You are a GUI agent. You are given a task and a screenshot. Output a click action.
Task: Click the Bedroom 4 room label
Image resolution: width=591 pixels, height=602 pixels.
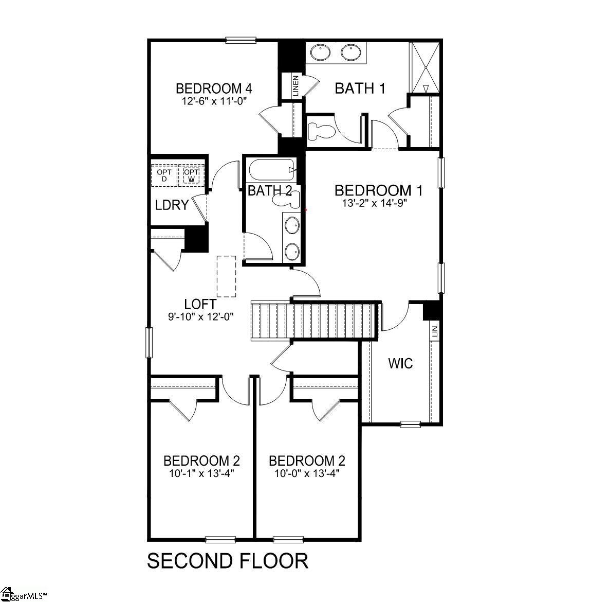coord(213,88)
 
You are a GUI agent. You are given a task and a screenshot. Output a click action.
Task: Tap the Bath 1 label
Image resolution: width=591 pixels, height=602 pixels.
coord(360,88)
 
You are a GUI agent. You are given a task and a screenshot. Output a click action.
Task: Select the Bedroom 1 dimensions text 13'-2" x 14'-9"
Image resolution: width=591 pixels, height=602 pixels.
coord(378,203)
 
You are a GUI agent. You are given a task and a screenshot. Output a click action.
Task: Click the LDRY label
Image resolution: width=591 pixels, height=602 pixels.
coord(172,205)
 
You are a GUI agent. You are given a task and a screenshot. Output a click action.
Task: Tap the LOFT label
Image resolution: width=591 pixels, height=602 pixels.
coord(200,304)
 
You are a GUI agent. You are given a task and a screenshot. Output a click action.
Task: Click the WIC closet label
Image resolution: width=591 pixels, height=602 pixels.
coord(400,364)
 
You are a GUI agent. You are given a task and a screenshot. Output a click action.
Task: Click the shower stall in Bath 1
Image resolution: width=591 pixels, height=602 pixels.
coord(425,67)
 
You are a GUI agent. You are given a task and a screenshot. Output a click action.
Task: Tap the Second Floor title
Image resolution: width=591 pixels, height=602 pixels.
coord(228,560)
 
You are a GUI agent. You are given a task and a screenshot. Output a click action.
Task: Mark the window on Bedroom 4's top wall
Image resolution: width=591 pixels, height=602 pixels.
coord(241,40)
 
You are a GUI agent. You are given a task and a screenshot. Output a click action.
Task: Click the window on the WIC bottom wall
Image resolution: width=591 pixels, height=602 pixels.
coord(410,424)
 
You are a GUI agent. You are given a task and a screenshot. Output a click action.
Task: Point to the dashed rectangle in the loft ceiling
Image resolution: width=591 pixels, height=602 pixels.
coord(226,276)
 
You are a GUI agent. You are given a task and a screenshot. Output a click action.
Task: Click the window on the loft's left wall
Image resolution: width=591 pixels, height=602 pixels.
coord(149,343)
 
